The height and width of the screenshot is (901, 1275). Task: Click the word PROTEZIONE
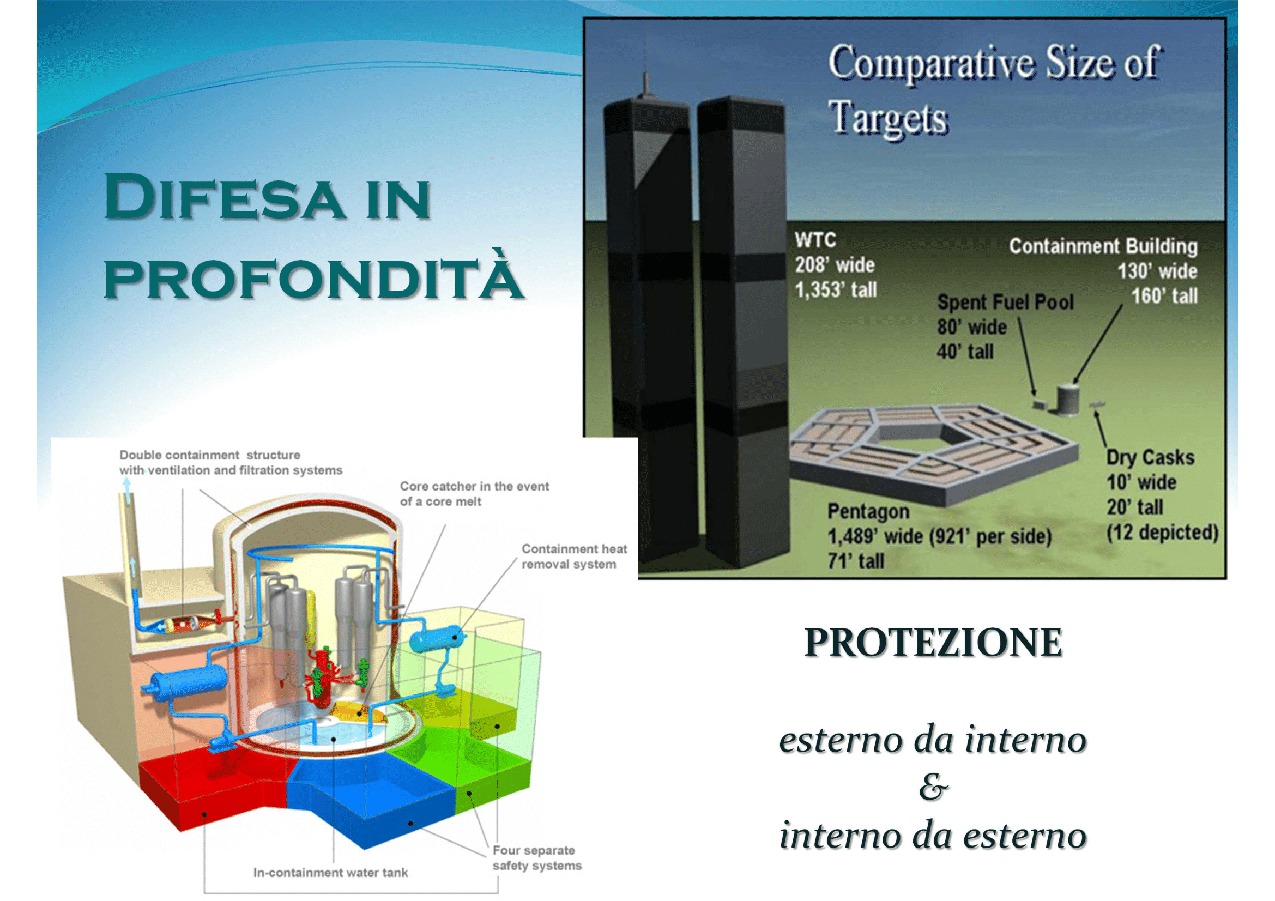[933, 642]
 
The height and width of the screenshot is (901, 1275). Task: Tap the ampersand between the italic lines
[933, 787]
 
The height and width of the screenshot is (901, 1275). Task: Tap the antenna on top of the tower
[646, 61]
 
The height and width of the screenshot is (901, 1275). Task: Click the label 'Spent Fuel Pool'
[1006, 302]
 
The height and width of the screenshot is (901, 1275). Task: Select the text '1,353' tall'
[836, 289]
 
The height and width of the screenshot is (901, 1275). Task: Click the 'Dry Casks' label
[1150, 457]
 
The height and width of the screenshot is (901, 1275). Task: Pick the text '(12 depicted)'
[1162, 532]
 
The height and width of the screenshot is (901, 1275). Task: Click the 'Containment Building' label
[1103, 246]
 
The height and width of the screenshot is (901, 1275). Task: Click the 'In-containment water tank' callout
[330, 873]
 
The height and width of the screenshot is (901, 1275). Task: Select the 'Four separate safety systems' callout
[537, 858]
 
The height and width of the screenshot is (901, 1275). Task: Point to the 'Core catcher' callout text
[474, 493]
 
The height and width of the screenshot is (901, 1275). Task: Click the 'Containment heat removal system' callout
[574, 557]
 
